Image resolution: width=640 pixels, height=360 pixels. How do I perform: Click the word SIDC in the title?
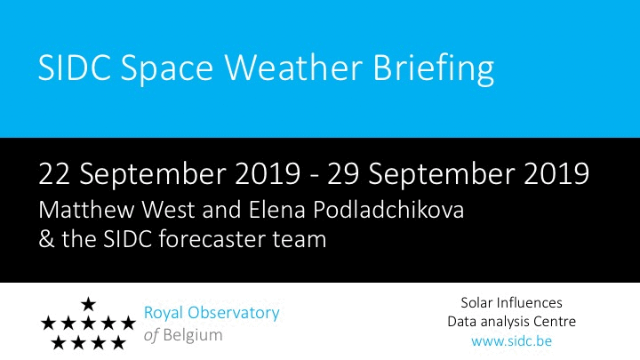coord(75,68)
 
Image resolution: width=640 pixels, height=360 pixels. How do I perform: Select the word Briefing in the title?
coord(434,70)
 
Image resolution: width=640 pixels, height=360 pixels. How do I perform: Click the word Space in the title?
coord(167,70)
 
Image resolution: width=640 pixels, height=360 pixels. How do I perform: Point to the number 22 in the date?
coord(54,174)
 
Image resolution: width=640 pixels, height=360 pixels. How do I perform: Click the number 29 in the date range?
coord(343,174)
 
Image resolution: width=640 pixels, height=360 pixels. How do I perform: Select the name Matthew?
coord(86,210)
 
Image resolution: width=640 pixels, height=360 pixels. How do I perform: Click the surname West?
coord(168,210)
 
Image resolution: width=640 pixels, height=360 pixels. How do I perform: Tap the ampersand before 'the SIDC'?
coord(46,239)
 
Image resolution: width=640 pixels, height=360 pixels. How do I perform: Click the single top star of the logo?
coord(88,304)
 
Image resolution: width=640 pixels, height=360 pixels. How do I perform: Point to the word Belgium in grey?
coord(193,335)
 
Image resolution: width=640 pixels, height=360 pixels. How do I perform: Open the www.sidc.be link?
coord(511,340)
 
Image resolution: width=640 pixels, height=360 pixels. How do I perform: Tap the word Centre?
coord(554,322)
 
